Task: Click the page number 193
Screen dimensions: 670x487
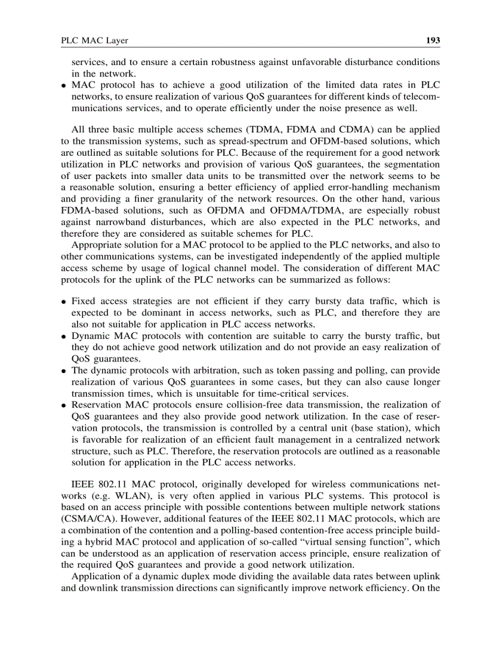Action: point(432,41)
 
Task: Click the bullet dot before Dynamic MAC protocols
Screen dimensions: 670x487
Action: point(63,336)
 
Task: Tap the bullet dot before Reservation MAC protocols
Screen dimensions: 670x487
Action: point(63,406)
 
